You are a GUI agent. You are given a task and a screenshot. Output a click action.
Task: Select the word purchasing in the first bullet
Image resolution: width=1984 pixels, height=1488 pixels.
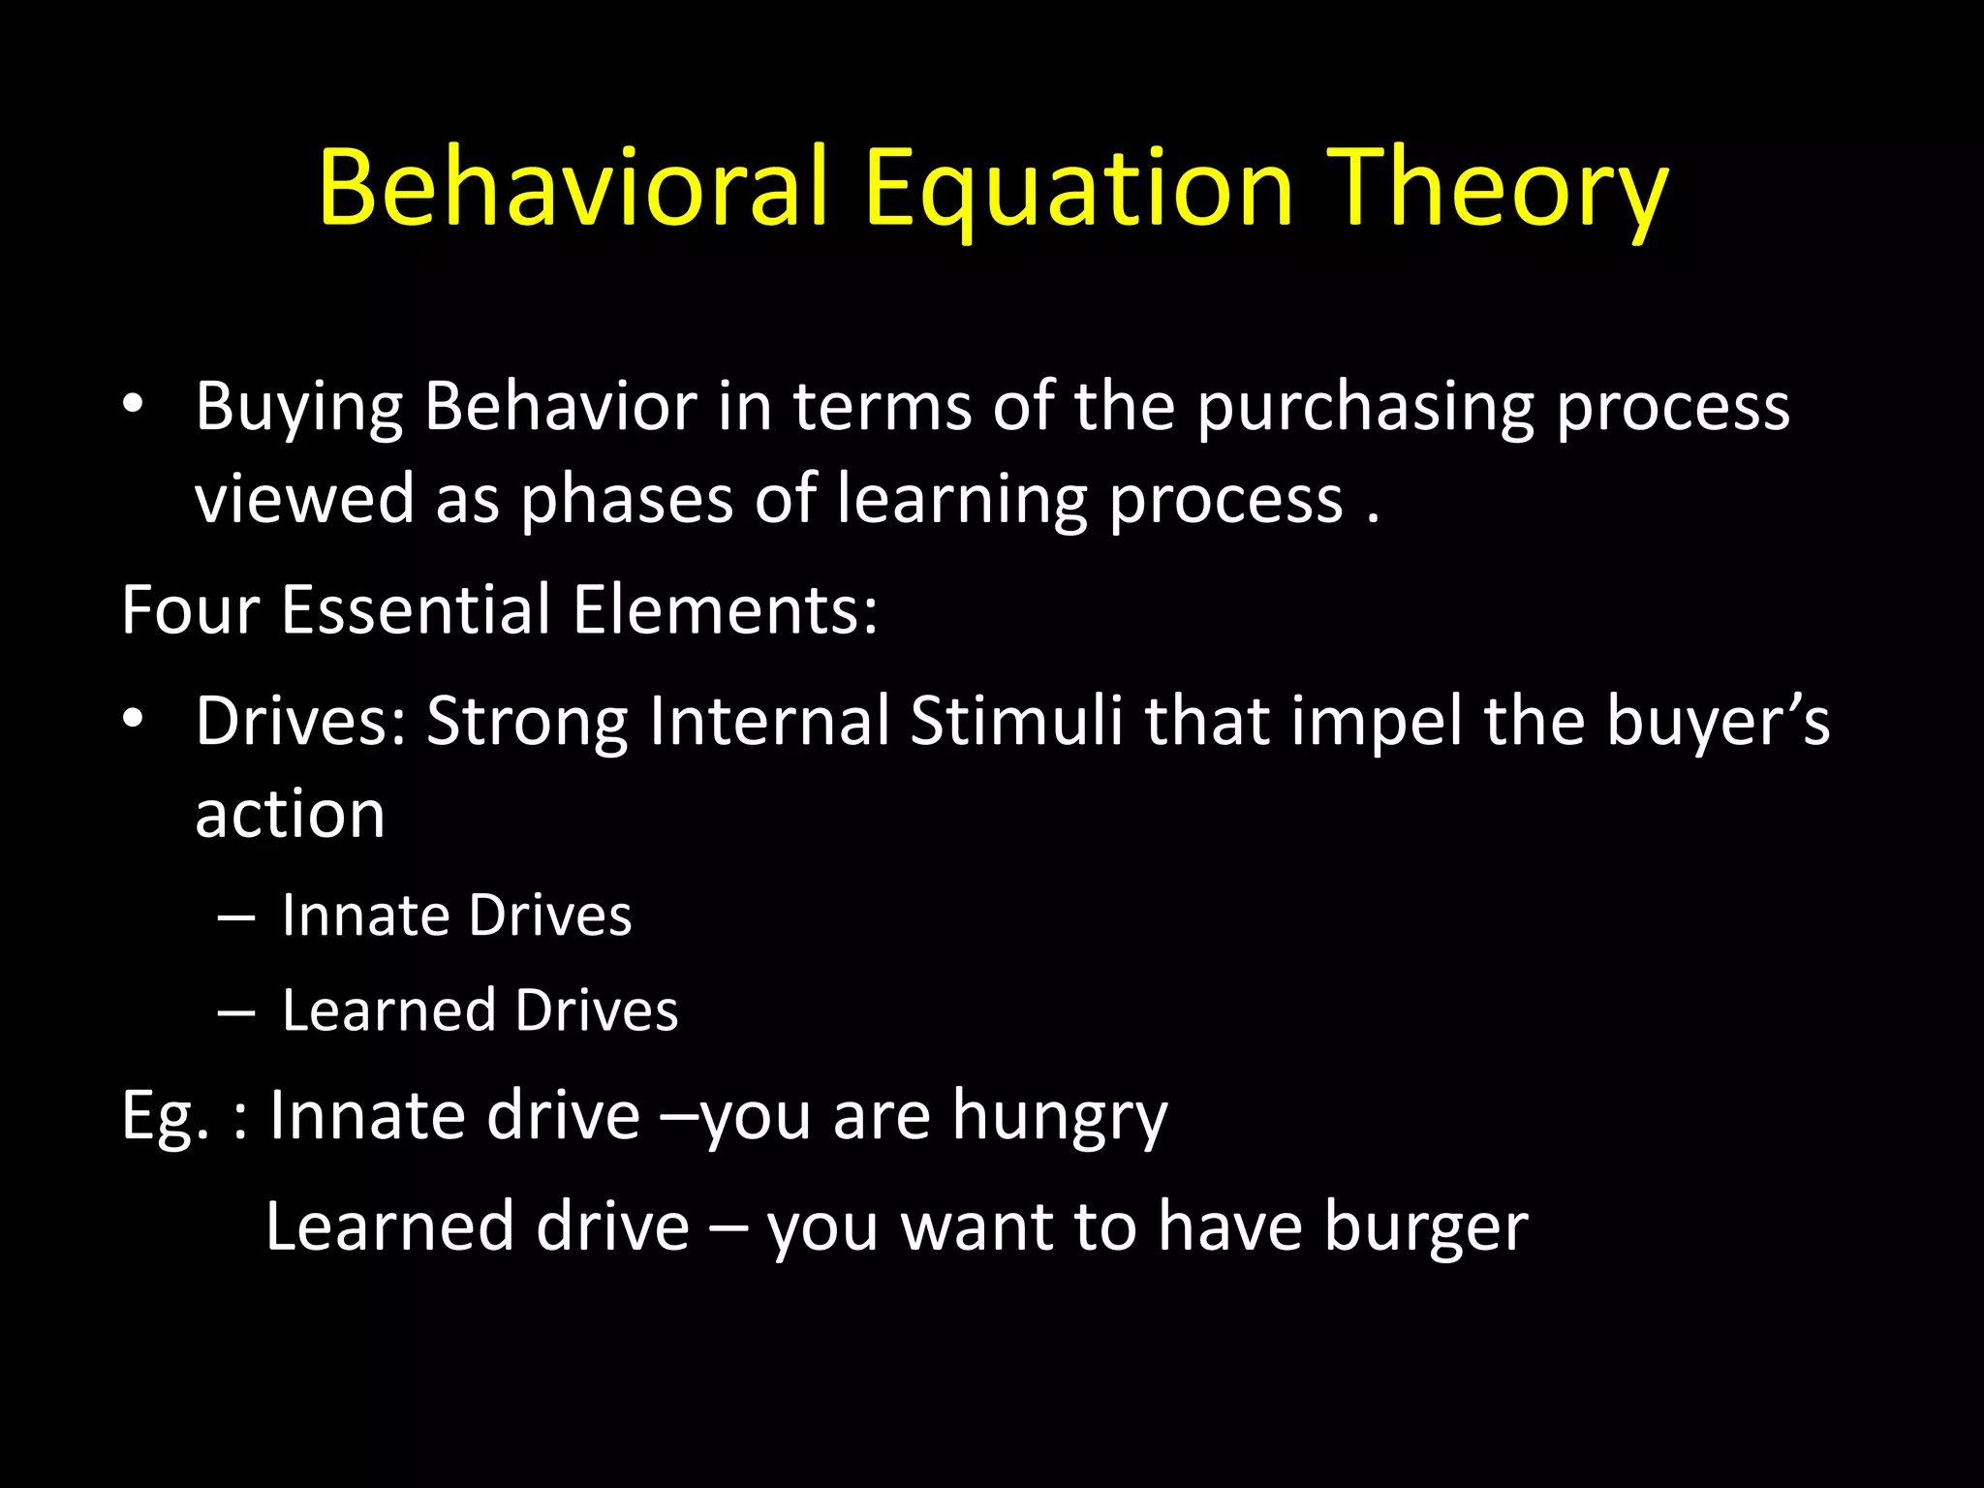(x=1366, y=407)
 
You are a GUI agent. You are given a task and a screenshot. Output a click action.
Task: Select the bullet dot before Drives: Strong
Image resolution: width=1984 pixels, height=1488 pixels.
(x=134, y=719)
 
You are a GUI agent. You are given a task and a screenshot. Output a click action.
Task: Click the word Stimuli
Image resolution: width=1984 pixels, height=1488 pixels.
(x=1016, y=721)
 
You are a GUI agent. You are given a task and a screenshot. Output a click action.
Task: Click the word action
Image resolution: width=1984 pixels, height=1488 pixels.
(x=290, y=814)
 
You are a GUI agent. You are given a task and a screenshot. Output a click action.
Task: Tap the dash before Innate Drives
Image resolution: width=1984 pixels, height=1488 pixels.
(x=236, y=916)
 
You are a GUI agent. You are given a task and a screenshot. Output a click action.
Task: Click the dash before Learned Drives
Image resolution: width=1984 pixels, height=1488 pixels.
(x=236, y=1011)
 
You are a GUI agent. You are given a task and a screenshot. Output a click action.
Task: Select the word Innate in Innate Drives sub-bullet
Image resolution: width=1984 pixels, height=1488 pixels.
(x=366, y=915)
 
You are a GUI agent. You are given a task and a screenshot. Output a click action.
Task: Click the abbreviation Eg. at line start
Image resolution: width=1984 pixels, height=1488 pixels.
(x=166, y=1116)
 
